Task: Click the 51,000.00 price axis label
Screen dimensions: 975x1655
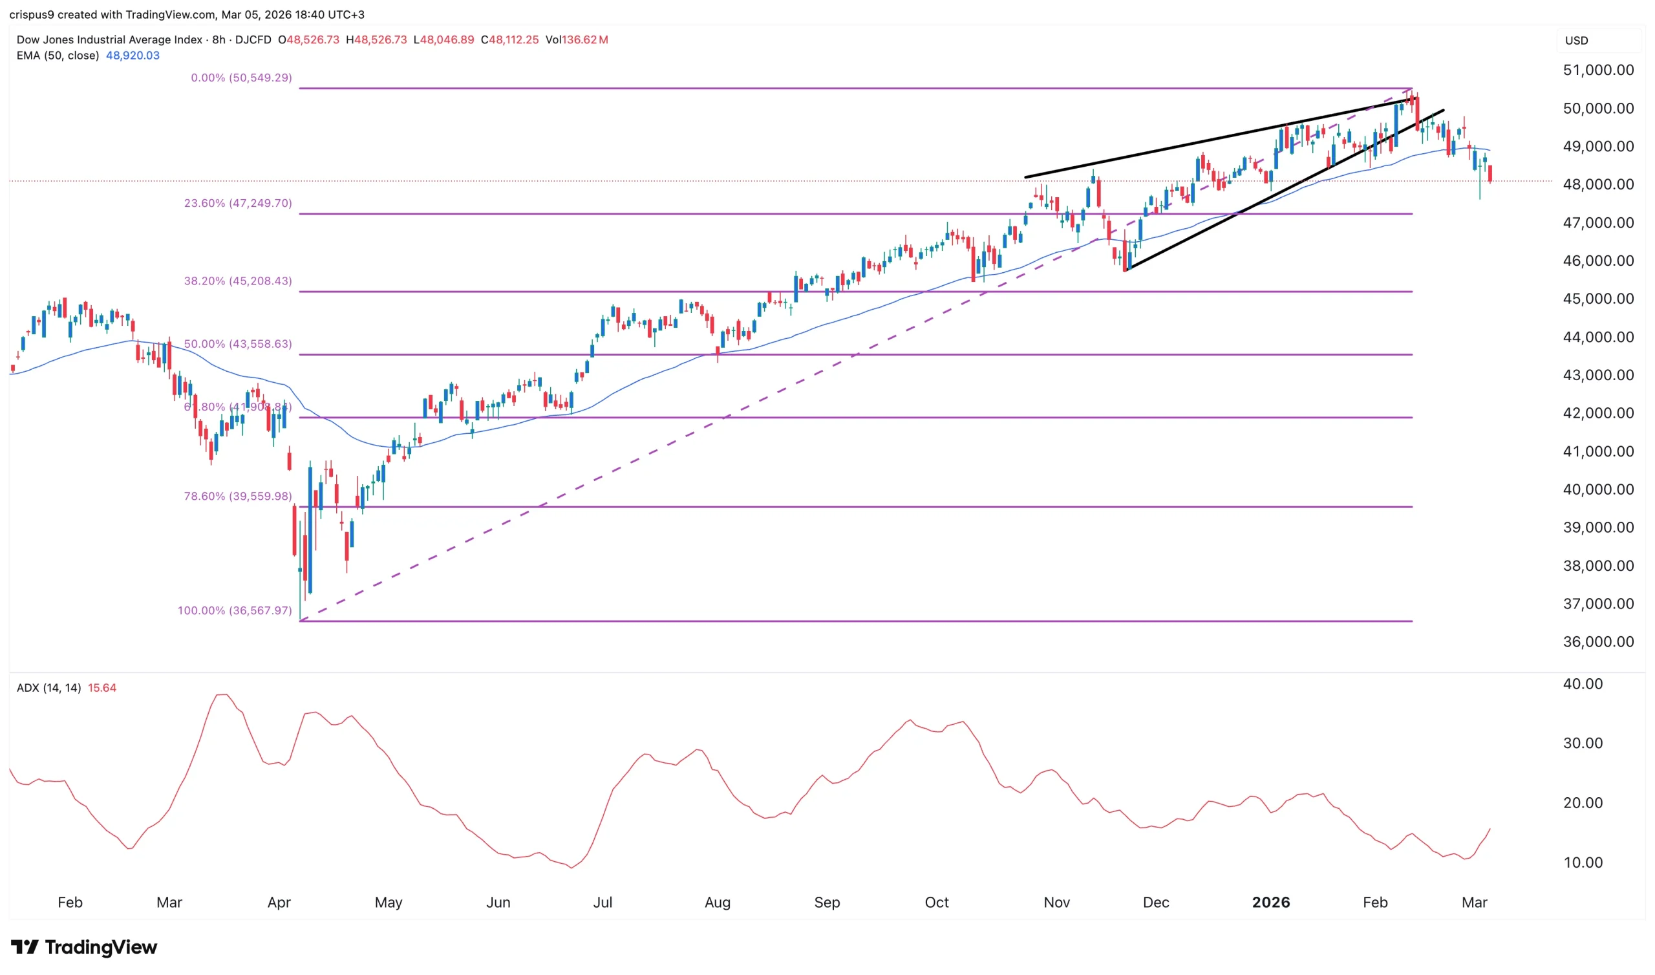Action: pos(1598,70)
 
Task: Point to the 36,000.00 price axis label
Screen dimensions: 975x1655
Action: pos(1598,642)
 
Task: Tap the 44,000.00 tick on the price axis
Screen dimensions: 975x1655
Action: pos(1598,337)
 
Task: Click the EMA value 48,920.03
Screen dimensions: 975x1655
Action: pos(133,56)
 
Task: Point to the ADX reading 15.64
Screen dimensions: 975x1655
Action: pos(101,688)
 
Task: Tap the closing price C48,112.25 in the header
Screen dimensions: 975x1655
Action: pos(509,40)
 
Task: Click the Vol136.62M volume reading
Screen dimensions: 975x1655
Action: pos(577,40)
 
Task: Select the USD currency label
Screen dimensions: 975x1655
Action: pos(1576,41)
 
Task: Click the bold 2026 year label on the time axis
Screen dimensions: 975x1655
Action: pos(1271,902)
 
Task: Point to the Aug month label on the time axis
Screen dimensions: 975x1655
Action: pos(717,902)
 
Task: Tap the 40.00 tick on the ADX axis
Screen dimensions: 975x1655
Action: pos(1583,684)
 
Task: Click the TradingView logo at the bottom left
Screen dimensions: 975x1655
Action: pos(84,947)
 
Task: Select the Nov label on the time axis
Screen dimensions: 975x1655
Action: pos(1056,902)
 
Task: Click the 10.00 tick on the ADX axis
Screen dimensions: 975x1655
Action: pos(1583,862)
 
